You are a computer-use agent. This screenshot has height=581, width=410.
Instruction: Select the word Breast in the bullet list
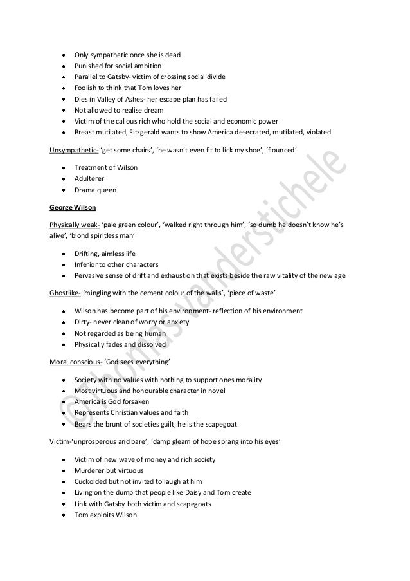(85, 133)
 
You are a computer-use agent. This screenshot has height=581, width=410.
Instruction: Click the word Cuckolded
(90, 481)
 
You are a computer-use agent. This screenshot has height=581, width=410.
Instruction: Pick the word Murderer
(89, 471)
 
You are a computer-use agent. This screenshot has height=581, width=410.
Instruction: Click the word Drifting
(87, 253)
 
